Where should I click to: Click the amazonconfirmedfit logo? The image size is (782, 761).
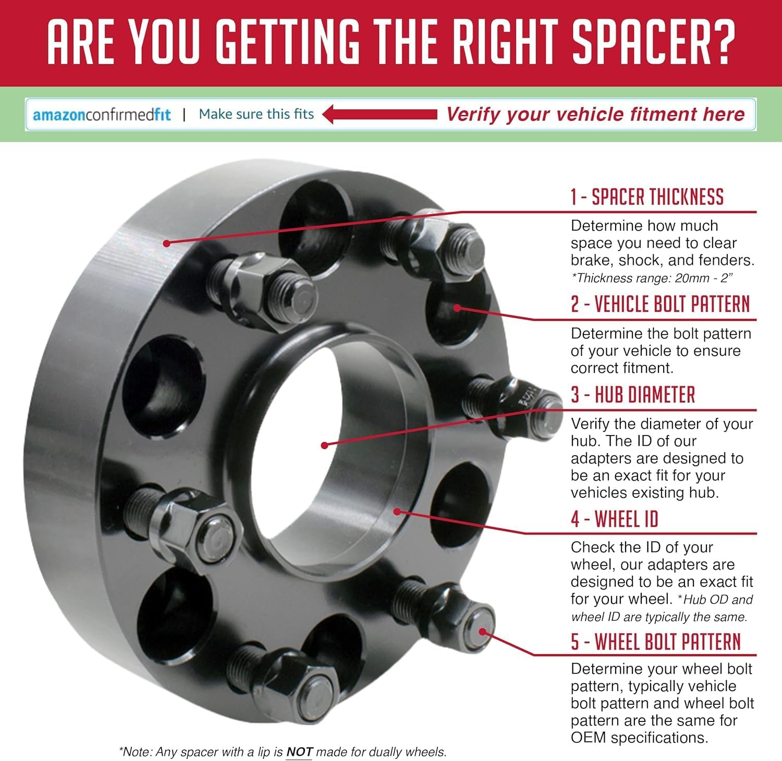(102, 115)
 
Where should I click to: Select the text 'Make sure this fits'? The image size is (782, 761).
(256, 114)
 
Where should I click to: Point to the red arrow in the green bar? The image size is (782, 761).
(380, 114)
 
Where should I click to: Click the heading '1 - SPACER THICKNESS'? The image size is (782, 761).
(647, 197)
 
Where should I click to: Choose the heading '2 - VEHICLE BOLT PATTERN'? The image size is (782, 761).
(660, 304)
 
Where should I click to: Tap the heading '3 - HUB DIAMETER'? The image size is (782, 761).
(633, 395)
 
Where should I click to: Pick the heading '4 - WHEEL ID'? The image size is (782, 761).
(615, 519)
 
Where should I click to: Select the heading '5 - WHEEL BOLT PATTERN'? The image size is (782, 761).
(656, 642)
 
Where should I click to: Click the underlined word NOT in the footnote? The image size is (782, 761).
(299, 752)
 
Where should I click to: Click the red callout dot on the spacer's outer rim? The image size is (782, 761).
(166, 243)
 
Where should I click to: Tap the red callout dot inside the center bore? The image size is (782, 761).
(324, 445)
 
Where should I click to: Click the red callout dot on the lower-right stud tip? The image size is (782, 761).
(483, 632)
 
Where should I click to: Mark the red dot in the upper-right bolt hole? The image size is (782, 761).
(457, 307)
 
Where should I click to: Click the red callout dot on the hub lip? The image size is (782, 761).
(397, 512)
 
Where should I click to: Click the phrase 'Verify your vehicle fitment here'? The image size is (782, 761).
(595, 114)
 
